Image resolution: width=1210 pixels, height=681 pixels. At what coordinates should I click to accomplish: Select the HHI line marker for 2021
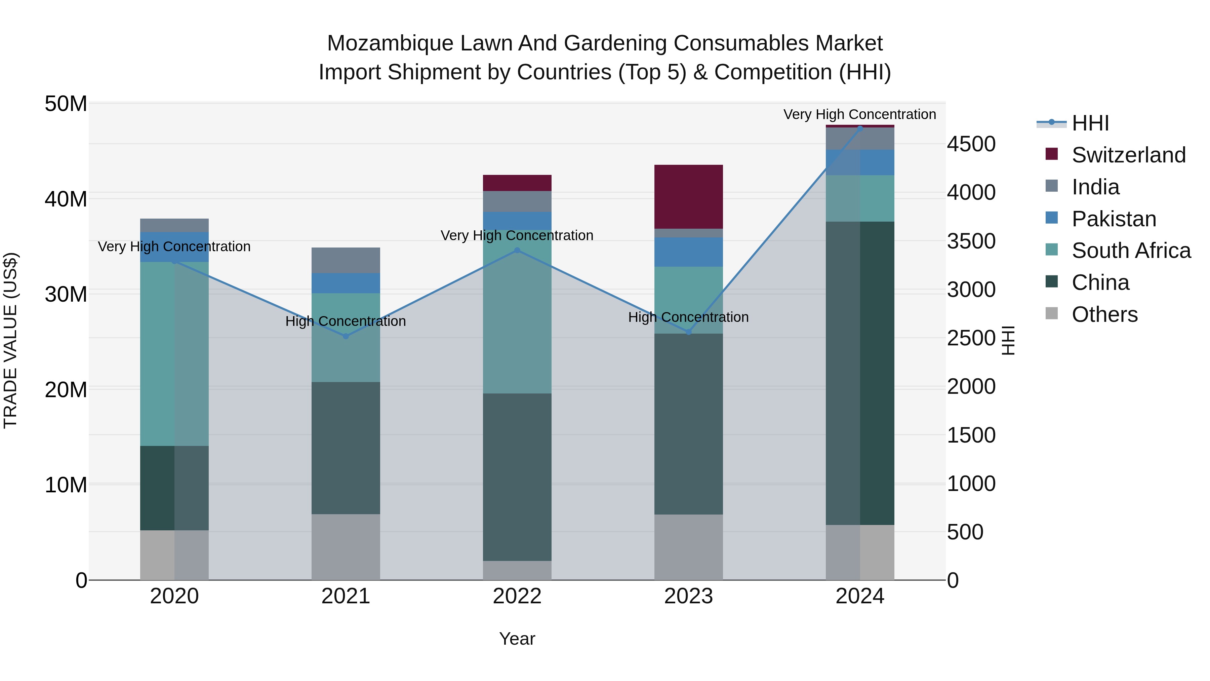pyautogui.click(x=346, y=336)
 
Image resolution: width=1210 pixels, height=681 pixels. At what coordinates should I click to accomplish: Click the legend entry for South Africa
pyautogui.click(x=1131, y=251)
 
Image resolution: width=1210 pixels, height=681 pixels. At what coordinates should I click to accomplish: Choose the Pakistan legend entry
pyautogui.click(x=1114, y=219)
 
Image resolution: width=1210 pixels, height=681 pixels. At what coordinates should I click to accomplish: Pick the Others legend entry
pyautogui.click(x=1104, y=314)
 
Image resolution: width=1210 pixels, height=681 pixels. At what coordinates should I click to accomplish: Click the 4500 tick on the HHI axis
pyautogui.click(x=970, y=144)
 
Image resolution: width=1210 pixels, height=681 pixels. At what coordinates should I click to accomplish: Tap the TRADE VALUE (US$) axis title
pyautogui.click(x=10, y=340)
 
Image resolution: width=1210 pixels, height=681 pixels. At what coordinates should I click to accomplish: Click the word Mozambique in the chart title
pyautogui.click(x=390, y=43)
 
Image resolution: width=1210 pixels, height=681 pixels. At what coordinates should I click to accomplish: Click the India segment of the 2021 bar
pyautogui.click(x=346, y=260)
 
